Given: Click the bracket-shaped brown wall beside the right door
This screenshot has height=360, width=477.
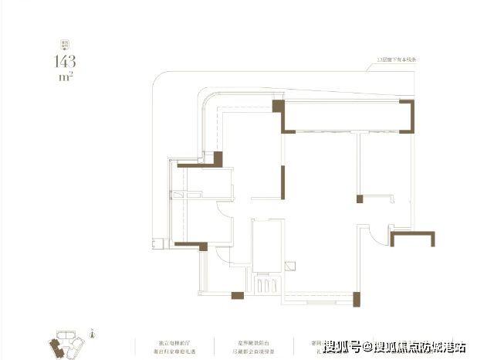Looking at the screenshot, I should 405,238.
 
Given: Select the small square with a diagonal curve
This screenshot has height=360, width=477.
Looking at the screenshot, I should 289,267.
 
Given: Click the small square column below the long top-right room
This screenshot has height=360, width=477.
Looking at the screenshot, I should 359,200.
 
